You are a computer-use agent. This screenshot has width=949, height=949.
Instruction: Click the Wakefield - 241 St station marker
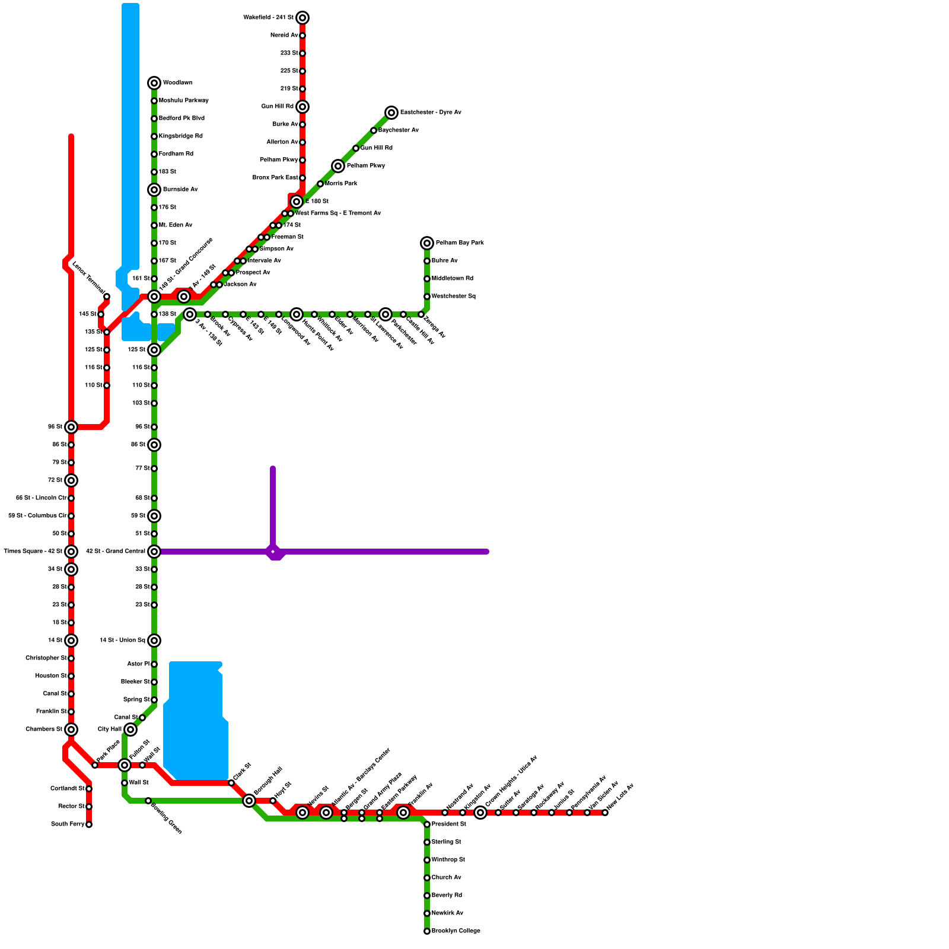(302, 18)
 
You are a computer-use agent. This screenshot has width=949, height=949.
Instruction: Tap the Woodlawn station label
(177, 83)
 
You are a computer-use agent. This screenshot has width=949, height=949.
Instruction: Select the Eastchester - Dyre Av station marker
(391, 113)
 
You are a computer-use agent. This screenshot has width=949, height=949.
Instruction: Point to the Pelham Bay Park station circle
(427, 243)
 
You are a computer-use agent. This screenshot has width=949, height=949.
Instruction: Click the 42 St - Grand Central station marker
(154, 552)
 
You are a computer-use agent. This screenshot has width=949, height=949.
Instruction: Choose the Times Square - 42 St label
(33, 552)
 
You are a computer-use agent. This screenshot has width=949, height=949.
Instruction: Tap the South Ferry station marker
(89, 824)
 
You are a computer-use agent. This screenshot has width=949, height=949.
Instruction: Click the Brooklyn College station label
(456, 931)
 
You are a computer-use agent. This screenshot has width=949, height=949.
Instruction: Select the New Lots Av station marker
(605, 813)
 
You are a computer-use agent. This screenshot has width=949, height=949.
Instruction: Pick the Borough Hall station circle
(249, 801)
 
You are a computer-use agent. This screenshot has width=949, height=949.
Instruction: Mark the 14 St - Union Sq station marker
(154, 641)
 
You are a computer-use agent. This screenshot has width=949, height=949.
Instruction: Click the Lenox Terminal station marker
(107, 297)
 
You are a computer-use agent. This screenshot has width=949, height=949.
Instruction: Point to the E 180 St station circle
(297, 202)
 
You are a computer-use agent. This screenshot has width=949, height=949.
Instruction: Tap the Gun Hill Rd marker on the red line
(302, 107)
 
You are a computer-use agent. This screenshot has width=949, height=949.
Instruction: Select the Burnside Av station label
(180, 190)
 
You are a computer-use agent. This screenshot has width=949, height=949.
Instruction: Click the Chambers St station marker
(71, 730)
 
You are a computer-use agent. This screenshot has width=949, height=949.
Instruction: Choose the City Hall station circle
(130, 730)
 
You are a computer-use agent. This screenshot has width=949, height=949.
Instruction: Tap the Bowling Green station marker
(148, 801)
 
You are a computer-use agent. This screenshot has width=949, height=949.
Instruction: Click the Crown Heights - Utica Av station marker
(480, 813)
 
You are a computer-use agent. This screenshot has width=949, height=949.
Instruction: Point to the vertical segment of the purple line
(273, 504)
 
